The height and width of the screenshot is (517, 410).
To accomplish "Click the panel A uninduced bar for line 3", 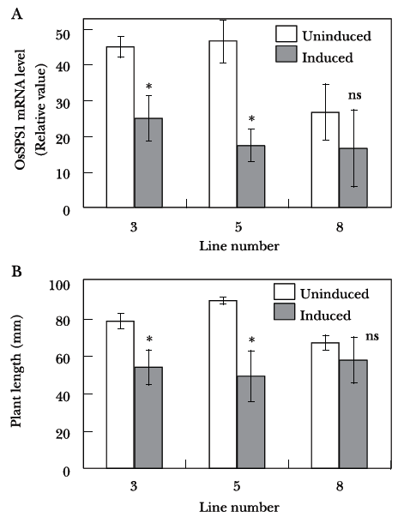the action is pyautogui.click(x=120, y=127).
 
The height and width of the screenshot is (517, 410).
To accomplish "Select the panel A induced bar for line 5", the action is pyautogui.click(x=251, y=177).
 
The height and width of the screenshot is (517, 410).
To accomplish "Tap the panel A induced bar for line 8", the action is pyautogui.click(x=353, y=178).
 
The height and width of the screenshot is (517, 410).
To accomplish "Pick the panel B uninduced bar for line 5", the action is pyautogui.click(x=223, y=384).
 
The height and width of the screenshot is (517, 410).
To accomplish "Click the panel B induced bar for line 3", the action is pyautogui.click(x=148, y=418).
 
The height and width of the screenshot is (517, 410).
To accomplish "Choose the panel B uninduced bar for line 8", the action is pyautogui.click(x=325, y=406).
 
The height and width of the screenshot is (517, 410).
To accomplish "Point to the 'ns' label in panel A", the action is pyautogui.click(x=355, y=95).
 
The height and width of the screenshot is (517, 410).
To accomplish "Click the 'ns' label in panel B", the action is pyautogui.click(x=372, y=337).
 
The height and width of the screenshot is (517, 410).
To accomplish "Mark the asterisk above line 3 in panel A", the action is pyautogui.click(x=148, y=87).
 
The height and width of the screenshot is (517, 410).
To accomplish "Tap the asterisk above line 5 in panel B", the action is pyautogui.click(x=251, y=340).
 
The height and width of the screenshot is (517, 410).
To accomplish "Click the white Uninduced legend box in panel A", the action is pyautogui.click(x=286, y=34).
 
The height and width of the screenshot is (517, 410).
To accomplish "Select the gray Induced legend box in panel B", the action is pyautogui.click(x=284, y=311).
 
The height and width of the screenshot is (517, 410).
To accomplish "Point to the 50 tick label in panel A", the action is pyautogui.click(x=63, y=34).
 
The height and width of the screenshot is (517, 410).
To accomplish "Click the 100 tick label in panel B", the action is pyautogui.click(x=60, y=285).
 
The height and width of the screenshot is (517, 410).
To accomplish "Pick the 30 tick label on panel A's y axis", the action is pyautogui.click(x=63, y=104).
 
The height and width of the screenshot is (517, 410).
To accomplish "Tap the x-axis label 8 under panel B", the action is pyautogui.click(x=340, y=486).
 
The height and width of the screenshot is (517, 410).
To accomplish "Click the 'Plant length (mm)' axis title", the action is pyautogui.click(x=16, y=371).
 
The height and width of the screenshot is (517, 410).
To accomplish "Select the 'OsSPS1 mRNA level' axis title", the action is pyautogui.click(x=20, y=110).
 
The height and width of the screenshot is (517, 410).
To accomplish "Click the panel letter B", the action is pyautogui.click(x=16, y=272).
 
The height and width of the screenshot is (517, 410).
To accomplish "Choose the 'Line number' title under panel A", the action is pyautogui.click(x=239, y=246).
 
